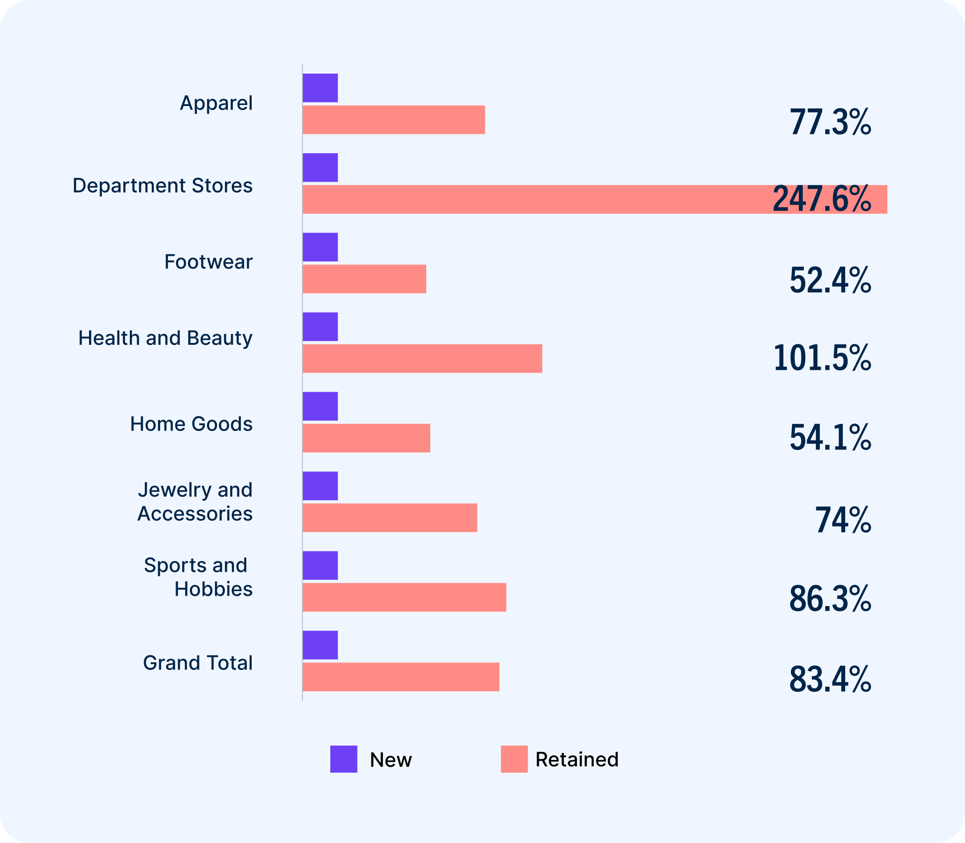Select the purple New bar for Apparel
point(320,88)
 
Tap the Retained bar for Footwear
point(364,279)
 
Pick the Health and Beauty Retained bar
point(422,359)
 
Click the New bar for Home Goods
point(320,407)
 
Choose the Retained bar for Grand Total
point(401,677)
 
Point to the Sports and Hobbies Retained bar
point(404,598)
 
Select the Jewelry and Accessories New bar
point(320,486)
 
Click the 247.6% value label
point(822,199)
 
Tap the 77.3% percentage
point(830,122)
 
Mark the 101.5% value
point(822,358)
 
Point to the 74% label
point(843,520)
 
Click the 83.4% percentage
point(830,679)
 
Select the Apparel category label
point(216,103)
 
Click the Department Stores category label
point(163,186)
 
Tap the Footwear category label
point(208,262)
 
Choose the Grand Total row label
point(198,663)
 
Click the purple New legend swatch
point(344,759)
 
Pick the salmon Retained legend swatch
point(514,759)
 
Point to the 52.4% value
point(830,280)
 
